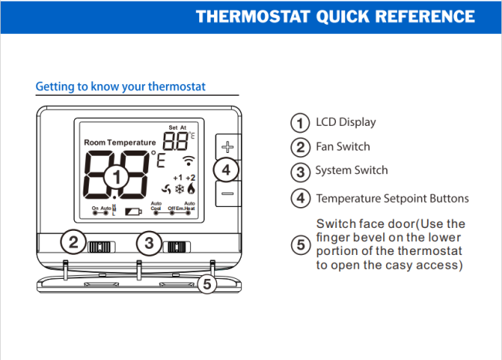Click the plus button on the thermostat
pos(227,145)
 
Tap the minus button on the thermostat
pos(227,194)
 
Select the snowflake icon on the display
pos(178,188)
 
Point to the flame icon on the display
pos(191,188)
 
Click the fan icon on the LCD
pos(165,188)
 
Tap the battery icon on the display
pos(134,210)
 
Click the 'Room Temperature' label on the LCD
pos(120,143)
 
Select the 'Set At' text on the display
pos(178,127)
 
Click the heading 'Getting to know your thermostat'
pos(120,87)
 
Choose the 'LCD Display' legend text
pos(346,122)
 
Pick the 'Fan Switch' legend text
pos(343,146)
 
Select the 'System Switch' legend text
pos(351,170)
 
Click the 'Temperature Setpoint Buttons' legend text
pos(392,199)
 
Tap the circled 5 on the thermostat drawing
pos(205,284)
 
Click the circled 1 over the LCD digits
pos(116,177)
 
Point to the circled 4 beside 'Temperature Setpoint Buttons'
pos(300,199)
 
